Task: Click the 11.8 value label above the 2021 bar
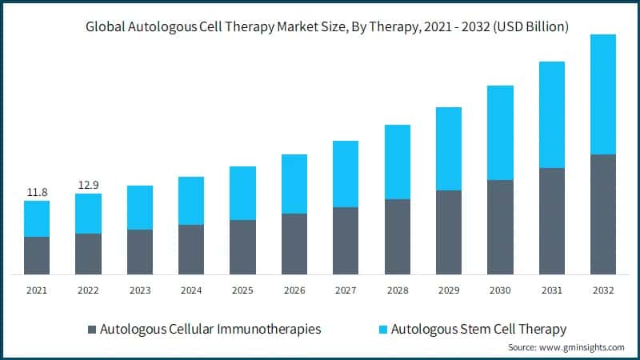(x=37, y=192)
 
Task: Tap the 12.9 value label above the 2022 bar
(x=88, y=185)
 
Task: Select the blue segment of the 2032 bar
(x=602, y=94)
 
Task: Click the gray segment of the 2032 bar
(x=602, y=214)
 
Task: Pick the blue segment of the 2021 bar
(x=37, y=218)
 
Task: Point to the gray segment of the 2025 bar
(x=242, y=247)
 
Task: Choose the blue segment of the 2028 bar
(x=397, y=162)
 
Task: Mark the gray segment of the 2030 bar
(x=500, y=227)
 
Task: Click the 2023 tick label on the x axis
(x=139, y=290)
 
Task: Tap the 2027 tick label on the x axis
(x=346, y=290)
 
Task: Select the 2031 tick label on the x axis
(x=551, y=290)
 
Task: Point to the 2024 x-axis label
(x=191, y=290)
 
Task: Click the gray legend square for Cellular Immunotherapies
(x=91, y=329)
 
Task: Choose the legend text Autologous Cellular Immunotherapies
(x=210, y=329)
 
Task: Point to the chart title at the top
(x=320, y=26)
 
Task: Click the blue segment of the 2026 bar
(x=294, y=184)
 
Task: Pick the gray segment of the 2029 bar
(x=448, y=232)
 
